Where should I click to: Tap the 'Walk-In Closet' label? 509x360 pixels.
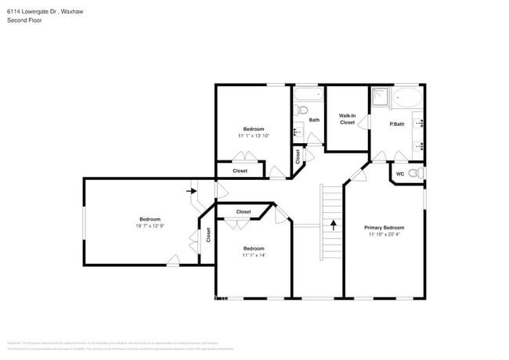click(x=347, y=119)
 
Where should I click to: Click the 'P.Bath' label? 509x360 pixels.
click(x=397, y=124)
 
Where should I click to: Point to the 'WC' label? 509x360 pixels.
click(x=399, y=174)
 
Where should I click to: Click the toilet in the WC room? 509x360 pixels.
click(x=419, y=173)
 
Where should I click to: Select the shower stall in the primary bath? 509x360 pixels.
click(x=380, y=96)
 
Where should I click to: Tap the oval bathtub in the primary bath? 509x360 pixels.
click(x=407, y=97)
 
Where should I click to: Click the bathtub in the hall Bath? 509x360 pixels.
click(x=307, y=97)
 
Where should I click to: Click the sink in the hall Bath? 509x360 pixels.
click(x=298, y=128)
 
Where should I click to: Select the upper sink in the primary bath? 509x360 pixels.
click(x=419, y=123)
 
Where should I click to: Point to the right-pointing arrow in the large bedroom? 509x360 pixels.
click(x=190, y=189)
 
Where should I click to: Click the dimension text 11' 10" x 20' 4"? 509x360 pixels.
click(x=384, y=234)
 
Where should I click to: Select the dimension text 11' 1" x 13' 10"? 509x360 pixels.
click(x=254, y=135)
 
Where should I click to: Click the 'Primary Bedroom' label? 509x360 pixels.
click(x=384, y=227)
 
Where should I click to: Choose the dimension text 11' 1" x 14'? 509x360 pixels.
click(x=253, y=255)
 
